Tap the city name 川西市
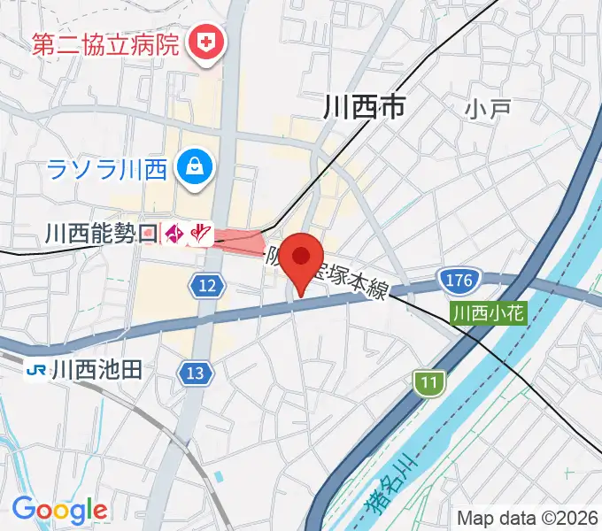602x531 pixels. (x=364, y=108)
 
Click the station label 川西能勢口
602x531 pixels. (x=100, y=234)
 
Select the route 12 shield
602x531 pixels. (x=207, y=285)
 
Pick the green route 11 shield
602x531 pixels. (x=428, y=383)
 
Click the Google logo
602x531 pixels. (x=59, y=509)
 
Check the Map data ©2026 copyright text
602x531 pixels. (x=527, y=517)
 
